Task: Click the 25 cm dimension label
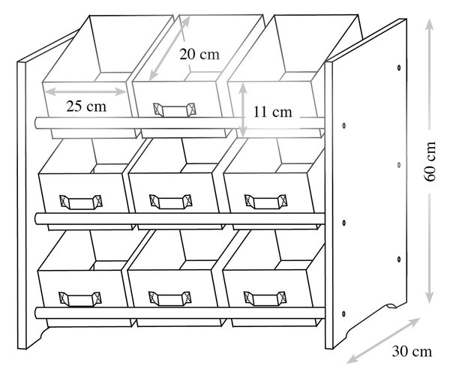pyautogui.click(x=86, y=106)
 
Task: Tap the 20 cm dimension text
pyautogui.click(x=199, y=54)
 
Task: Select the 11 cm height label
pyautogui.click(x=273, y=112)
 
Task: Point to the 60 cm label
pyautogui.click(x=430, y=161)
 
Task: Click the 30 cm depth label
pyautogui.click(x=412, y=352)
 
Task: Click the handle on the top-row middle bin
pyautogui.click(x=175, y=110)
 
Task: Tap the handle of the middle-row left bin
pyautogui.click(x=81, y=202)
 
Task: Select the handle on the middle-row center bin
pyautogui.click(x=171, y=202)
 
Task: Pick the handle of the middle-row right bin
pyautogui.click(x=265, y=202)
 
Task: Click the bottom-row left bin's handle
pyautogui.click(x=80, y=299)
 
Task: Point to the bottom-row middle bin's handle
pyautogui.click(x=170, y=298)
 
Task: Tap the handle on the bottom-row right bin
pyautogui.click(x=265, y=298)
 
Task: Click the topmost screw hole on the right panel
pyautogui.click(x=399, y=67)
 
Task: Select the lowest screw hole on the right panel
pyautogui.click(x=343, y=313)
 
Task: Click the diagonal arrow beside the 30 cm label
pyautogui.click(x=383, y=340)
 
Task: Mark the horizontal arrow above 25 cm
pyautogui.click(x=85, y=91)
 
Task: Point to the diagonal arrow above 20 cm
pyautogui.click(x=169, y=48)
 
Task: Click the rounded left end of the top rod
pyautogui.click(x=37, y=123)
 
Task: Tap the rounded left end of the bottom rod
pyautogui.click(x=37, y=313)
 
